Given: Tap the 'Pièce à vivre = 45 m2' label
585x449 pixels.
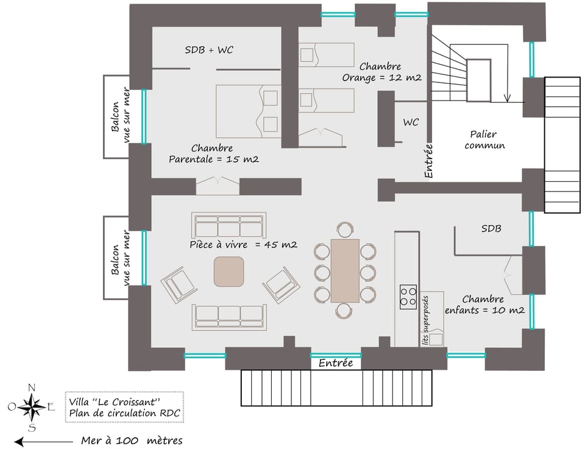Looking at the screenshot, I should point(243,245).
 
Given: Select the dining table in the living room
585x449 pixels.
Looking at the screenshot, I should point(345,270).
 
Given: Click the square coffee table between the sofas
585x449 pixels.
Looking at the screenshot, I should point(229,271).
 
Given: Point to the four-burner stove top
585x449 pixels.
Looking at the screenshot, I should point(408,297).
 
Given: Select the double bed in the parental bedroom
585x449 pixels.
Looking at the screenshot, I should point(249,111).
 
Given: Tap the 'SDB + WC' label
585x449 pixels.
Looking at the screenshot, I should point(209,50).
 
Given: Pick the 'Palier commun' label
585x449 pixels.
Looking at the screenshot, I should point(484,140).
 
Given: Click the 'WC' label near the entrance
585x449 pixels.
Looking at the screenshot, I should point(411,123).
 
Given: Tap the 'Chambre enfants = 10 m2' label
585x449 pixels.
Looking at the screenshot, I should point(485,304).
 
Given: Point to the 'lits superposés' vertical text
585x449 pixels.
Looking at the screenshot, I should point(425,320).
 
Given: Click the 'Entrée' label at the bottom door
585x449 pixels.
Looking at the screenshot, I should point(336,363).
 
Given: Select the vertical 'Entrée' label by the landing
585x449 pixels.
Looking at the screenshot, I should point(428,160).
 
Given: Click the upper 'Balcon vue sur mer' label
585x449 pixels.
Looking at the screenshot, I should point(121,116).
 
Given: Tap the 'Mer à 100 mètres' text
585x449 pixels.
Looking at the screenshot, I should point(132,440).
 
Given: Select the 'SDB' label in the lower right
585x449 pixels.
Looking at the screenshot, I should point(491,228).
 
